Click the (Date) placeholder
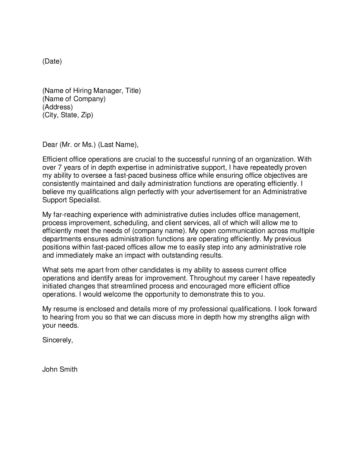(x=52, y=61)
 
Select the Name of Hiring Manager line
(x=91, y=91)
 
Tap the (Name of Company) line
(x=74, y=99)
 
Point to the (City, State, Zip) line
(x=68, y=115)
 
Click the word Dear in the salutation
(x=50, y=145)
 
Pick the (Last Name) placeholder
(x=118, y=145)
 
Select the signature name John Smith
(x=60, y=369)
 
